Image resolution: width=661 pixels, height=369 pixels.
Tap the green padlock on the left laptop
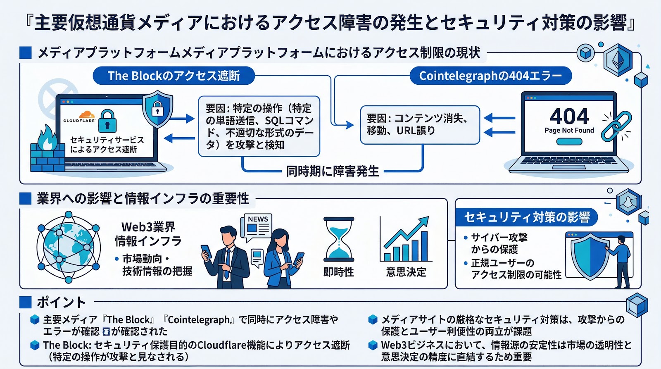[x=107, y=121]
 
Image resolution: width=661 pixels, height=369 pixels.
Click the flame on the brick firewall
[x=47, y=138]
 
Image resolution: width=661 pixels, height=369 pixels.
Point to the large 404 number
[x=569, y=116]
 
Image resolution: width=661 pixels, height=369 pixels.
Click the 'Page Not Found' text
[x=569, y=131]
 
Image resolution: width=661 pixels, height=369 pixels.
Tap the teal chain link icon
[x=616, y=126]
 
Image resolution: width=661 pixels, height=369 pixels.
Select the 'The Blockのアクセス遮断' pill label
[x=174, y=76]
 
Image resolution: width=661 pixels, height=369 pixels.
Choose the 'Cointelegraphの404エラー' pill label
[x=490, y=76]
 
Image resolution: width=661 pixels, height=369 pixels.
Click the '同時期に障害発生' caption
[x=333, y=171]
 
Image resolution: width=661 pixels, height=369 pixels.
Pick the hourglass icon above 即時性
[x=339, y=239]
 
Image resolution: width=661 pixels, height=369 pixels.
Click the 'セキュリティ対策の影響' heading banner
[x=527, y=217]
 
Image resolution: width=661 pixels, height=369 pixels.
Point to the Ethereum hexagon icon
[x=618, y=60]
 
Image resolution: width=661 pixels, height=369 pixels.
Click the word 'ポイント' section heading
[x=61, y=302]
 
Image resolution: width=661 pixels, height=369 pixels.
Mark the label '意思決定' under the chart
[x=406, y=272]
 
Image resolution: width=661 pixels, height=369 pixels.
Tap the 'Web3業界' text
[x=148, y=227]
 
